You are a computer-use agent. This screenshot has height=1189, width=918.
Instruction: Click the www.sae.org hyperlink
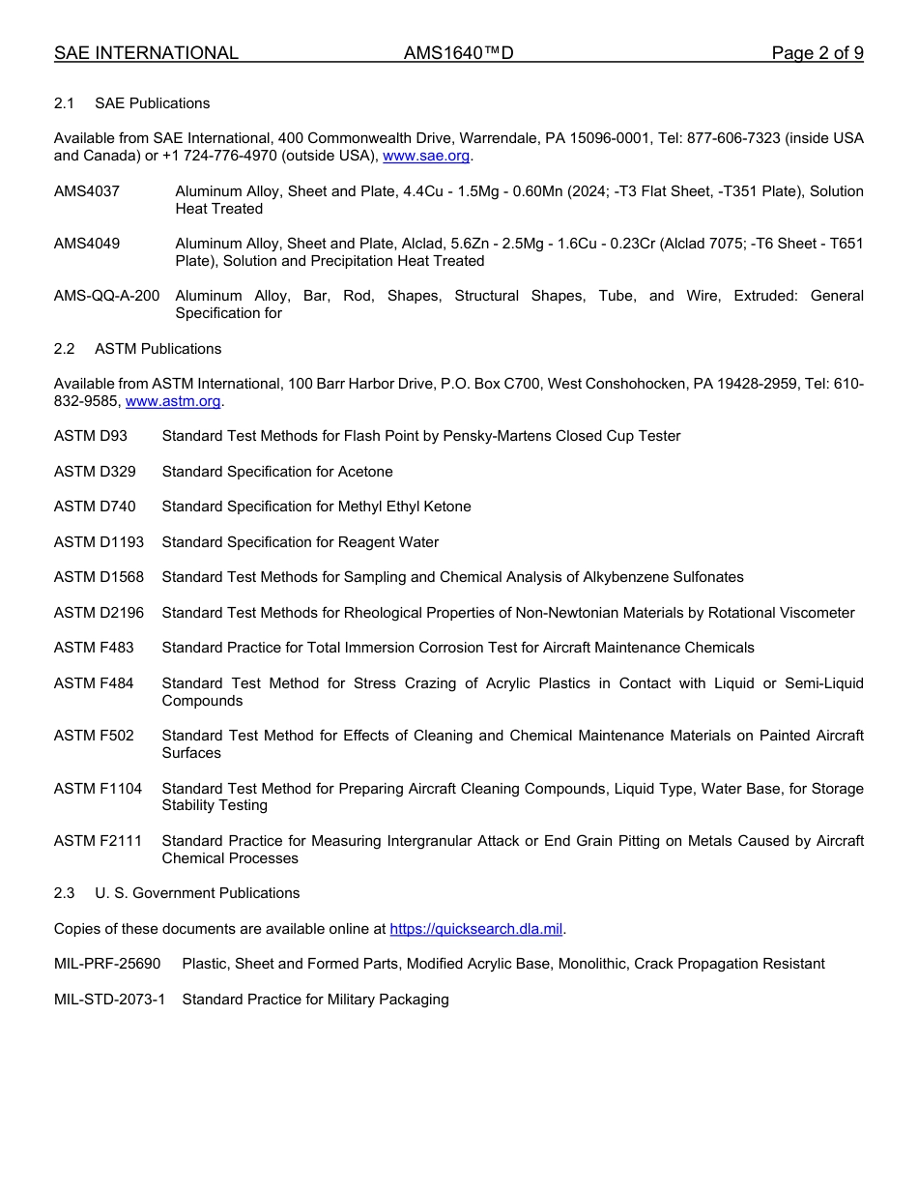pyautogui.click(x=426, y=156)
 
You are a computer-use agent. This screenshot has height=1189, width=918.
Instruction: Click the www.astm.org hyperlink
pyautogui.click(x=174, y=401)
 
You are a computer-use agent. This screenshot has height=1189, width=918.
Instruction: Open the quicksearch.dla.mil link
pyautogui.click(x=475, y=929)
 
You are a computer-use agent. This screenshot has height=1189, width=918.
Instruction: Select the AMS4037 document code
pyautogui.click(x=87, y=191)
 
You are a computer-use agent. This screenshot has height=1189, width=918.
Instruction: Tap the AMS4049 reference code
pyautogui.click(x=87, y=244)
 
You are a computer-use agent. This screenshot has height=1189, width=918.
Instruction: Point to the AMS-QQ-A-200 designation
pyautogui.click(x=107, y=296)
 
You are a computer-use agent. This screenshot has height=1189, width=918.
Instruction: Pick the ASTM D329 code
pyautogui.click(x=95, y=472)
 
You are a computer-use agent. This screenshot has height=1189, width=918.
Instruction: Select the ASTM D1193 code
pyautogui.click(x=99, y=542)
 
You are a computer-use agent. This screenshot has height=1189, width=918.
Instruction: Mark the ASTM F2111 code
pyautogui.click(x=98, y=841)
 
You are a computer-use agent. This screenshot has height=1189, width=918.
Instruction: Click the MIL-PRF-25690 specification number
pyautogui.click(x=107, y=964)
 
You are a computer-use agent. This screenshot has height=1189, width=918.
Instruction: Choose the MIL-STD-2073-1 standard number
pyautogui.click(x=109, y=1000)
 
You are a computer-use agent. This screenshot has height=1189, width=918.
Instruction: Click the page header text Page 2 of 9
pyautogui.click(x=818, y=53)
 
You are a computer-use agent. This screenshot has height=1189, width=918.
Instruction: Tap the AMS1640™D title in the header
pyautogui.click(x=459, y=53)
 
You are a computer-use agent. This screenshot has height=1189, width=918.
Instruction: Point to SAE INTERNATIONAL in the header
pyautogui.click(x=146, y=53)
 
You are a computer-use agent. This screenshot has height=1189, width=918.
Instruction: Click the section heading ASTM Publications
pyautogui.click(x=158, y=349)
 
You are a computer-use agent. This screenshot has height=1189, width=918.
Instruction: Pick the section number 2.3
pyautogui.click(x=65, y=893)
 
